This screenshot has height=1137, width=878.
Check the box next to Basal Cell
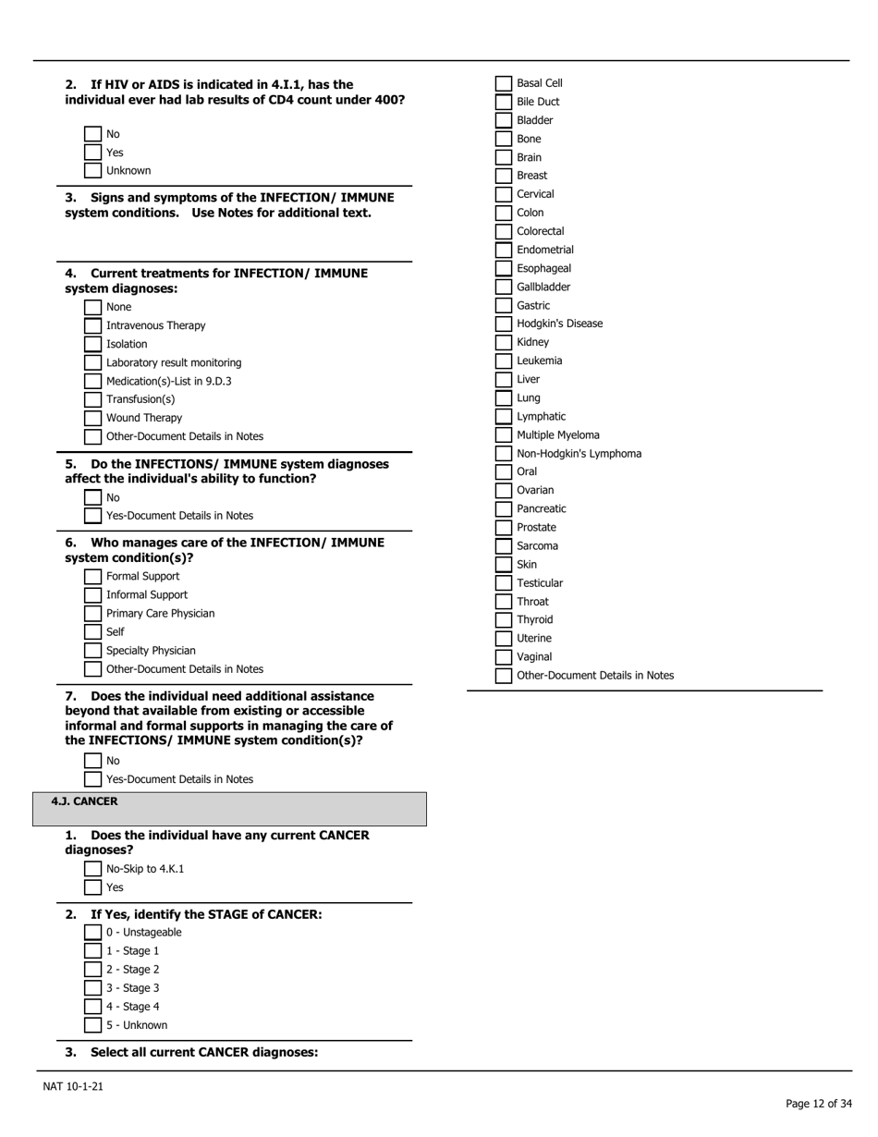pos(503,84)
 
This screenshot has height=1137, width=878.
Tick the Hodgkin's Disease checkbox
pos(503,324)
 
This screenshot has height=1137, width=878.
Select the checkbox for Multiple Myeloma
pos(503,435)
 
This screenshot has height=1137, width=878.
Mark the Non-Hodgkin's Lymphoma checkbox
pos(503,454)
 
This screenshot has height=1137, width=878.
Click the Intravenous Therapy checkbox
pos(92,326)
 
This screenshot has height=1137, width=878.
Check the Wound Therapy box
pos(92,419)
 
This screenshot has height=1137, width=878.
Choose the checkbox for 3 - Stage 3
pos(92,988)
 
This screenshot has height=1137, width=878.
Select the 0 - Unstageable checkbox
pos(92,933)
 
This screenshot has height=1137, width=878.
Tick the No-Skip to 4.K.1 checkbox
pos(92,869)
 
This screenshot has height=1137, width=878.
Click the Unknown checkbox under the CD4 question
pos(92,171)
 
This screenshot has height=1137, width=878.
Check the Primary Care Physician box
pos(92,614)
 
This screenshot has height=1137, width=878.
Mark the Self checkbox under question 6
pos(92,632)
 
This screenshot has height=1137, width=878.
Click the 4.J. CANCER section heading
pos(85,802)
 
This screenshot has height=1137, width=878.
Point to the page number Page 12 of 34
pos(818,1104)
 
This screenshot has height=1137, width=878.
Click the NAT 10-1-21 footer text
pos(73,1086)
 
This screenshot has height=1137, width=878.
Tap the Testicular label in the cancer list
pos(540,583)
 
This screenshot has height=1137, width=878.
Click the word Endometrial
pos(545,251)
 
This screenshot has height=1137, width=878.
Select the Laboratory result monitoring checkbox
pos(92,363)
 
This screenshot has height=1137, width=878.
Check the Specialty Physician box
pos(92,651)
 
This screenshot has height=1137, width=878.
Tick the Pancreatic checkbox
pos(503,509)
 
